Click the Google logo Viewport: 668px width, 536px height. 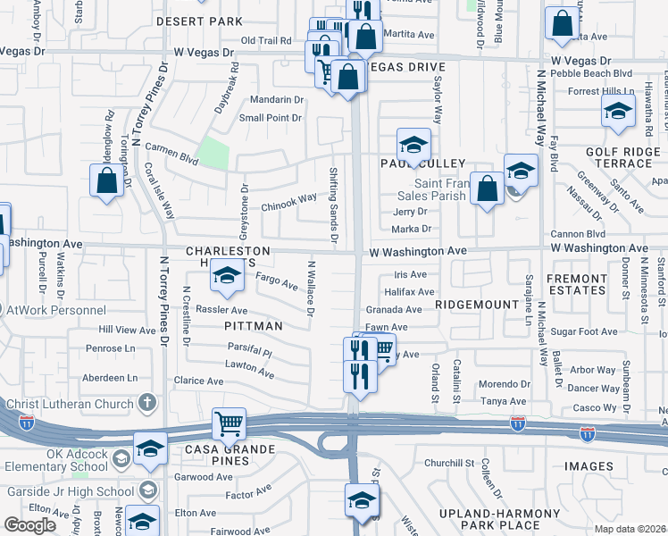[29, 525]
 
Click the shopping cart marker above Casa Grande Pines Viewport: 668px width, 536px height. [229, 424]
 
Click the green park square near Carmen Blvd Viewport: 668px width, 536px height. [213, 153]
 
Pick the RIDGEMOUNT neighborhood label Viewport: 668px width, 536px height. [477, 305]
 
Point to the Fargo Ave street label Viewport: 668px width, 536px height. [277, 283]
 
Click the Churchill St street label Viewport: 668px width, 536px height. [448, 463]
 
